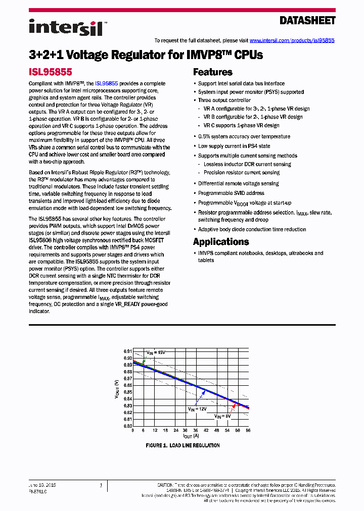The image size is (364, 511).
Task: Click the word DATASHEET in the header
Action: (x=307, y=21)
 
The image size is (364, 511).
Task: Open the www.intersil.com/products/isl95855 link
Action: (x=292, y=40)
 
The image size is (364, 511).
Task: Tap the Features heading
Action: (x=212, y=72)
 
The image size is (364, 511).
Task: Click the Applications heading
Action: (x=220, y=241)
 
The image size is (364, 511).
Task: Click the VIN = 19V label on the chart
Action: (x=156, y=352)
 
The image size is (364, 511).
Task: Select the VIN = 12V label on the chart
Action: (x=198, y=409)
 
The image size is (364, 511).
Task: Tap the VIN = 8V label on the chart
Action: (x=222, y=416)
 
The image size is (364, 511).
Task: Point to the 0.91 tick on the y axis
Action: (x=127, y=351)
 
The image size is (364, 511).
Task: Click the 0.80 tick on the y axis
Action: (x=127, y=426)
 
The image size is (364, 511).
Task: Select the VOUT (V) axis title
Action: (x=117, y=389)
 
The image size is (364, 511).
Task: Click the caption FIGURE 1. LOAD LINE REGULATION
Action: (x=183, y=445)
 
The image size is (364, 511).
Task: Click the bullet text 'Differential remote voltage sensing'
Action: (x=238, y=183)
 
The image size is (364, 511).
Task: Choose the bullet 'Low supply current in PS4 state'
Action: (x=234, y=146)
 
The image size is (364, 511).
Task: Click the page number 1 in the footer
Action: (x=101, y=485)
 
